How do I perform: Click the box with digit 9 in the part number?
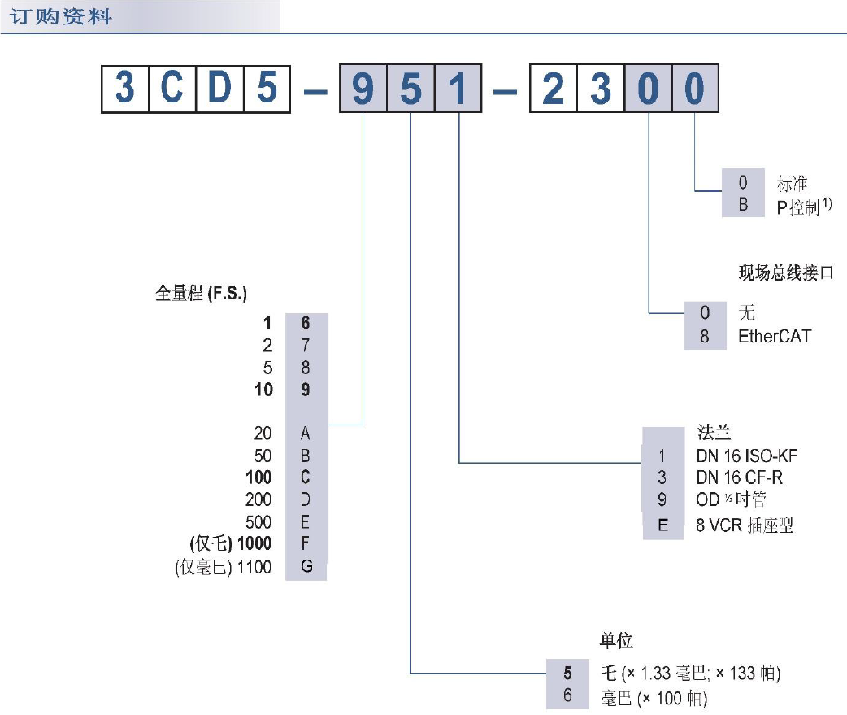(x=363, y=88)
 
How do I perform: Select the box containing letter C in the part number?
(x=172, y=88)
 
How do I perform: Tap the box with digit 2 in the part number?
(x=554, y=88)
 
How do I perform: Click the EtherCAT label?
(x=774, y=335)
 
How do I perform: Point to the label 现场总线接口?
(x=785, y=273)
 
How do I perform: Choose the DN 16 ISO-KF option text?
(x=752, y=456)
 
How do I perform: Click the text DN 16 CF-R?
(x=740, y=477)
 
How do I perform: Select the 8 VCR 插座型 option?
(x=744, y=525)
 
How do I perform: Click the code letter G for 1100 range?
(x=306, y=567)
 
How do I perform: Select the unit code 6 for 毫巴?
(x=568, y=697)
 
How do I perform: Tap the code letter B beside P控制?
(x=743, y=206)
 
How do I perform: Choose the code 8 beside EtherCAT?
(x=705, y=335)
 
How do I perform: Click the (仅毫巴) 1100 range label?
(x=223, y=567)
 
